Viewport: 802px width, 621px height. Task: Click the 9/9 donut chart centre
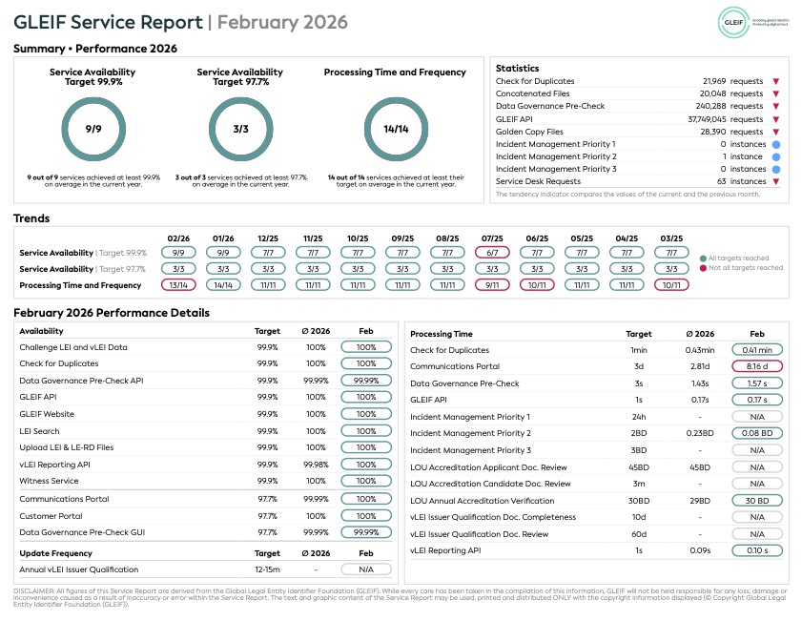93,129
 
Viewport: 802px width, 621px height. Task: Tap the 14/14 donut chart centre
395,129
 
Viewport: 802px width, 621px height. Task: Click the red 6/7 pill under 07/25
491,253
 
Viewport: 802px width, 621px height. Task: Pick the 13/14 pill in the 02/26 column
178,285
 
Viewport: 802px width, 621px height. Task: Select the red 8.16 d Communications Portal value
757,366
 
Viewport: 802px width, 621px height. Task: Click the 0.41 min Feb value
757,350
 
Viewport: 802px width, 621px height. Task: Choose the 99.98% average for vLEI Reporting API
316,465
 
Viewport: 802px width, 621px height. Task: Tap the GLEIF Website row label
47,414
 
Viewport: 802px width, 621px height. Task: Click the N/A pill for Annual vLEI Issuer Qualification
366,569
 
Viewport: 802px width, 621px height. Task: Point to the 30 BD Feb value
757,500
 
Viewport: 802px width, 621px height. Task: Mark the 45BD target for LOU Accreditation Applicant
638,467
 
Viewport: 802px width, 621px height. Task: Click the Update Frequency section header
56,552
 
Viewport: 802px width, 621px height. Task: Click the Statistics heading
517,69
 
